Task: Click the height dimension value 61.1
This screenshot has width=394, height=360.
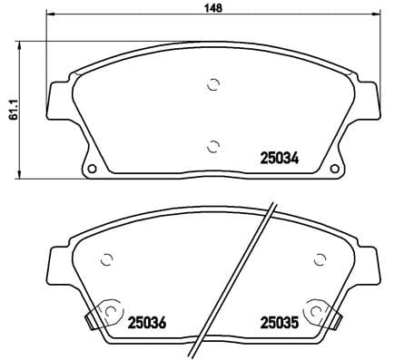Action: tap(10, 109)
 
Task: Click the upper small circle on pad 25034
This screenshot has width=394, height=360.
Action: tap(213, 86)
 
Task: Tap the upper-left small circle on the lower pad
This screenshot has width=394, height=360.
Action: tap(105, 257)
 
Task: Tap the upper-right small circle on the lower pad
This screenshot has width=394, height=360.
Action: tap(318, 257)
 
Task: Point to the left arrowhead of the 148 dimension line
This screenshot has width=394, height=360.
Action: tap(49, 16)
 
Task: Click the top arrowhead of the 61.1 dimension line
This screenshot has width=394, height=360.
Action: tap(23, 44)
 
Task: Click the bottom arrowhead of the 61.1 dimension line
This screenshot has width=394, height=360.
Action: tap(23, 174)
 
